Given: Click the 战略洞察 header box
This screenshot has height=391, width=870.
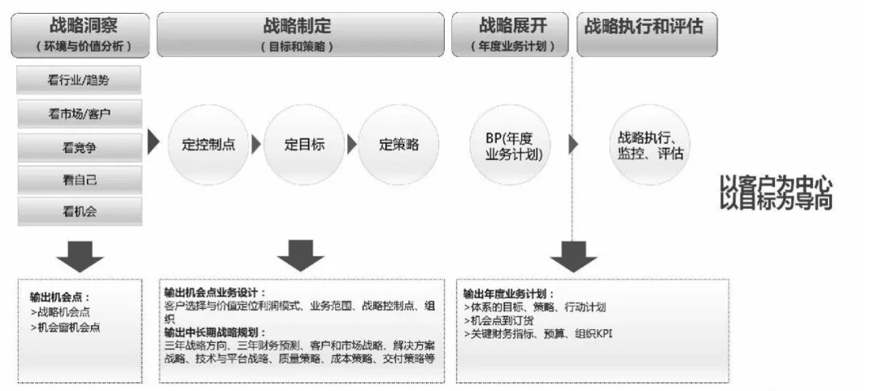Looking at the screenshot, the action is click(80, 35).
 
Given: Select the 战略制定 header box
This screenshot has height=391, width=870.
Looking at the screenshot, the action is click(299, 35).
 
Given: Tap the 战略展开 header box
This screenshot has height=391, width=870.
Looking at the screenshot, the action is click(512, 35).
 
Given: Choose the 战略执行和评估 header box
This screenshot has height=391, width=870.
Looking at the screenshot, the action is click(647, 35).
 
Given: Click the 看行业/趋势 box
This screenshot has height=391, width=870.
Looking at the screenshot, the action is click(79, 80).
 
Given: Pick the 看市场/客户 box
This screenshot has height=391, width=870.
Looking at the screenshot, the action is click(79, 113).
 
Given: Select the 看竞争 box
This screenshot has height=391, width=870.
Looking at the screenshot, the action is click(79, 146).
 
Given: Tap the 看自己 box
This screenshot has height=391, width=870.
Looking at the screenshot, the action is click(79, 179).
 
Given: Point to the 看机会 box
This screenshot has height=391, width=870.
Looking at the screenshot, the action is click(79, 212).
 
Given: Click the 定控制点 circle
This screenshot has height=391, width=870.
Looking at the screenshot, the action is click(208, 145).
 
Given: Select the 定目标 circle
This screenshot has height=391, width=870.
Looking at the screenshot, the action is click(304, 145).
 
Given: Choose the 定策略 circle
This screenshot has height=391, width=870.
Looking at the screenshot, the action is click(399, 145).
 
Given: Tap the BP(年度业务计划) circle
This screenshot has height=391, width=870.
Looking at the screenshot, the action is click(513, 145).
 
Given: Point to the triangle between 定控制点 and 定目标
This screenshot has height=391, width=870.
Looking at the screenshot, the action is click(256, 145).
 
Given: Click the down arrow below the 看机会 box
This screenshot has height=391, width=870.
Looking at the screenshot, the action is click(79, 255).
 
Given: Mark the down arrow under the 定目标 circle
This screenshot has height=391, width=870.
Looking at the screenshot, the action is click(300, 255).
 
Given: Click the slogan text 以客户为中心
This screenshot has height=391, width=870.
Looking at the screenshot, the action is click(775, 183).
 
